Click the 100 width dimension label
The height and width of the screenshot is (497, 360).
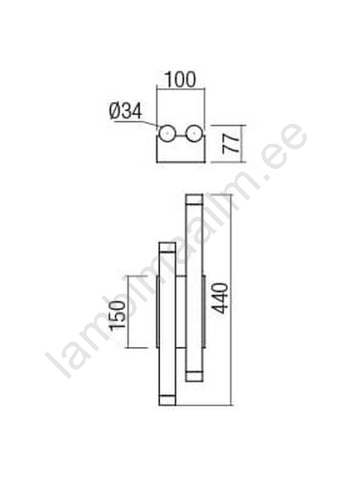181,80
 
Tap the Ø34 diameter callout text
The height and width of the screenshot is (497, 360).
126,111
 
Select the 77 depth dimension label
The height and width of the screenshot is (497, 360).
231,144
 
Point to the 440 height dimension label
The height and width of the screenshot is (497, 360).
220,298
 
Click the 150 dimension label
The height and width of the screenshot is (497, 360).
117,316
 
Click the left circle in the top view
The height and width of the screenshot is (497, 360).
166,134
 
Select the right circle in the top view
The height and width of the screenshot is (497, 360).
194,134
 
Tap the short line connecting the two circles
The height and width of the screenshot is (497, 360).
180,136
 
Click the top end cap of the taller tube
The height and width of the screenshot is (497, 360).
194,200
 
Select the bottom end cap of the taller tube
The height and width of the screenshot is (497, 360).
194,376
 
